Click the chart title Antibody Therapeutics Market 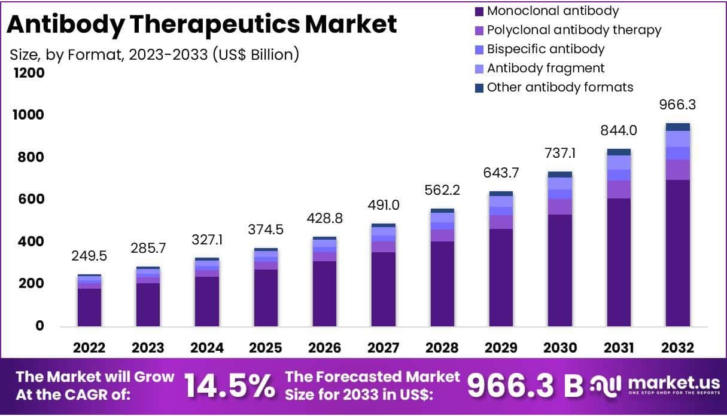201,25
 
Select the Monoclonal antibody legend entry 552,11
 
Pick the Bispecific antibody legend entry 545,49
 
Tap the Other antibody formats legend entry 559,87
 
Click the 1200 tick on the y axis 28,73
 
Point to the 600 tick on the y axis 30,199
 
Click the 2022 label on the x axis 89,348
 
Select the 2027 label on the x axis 383,348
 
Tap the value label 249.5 89,256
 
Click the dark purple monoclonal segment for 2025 266,298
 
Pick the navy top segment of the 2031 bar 619,152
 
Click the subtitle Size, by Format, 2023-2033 154,54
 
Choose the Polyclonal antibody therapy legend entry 573,30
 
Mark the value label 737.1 559,154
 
